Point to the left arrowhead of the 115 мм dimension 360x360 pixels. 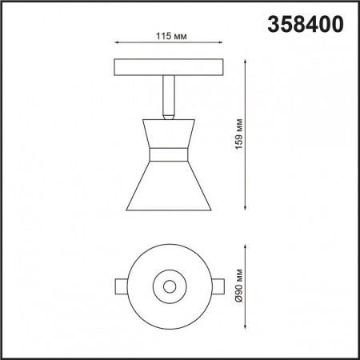118,44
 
